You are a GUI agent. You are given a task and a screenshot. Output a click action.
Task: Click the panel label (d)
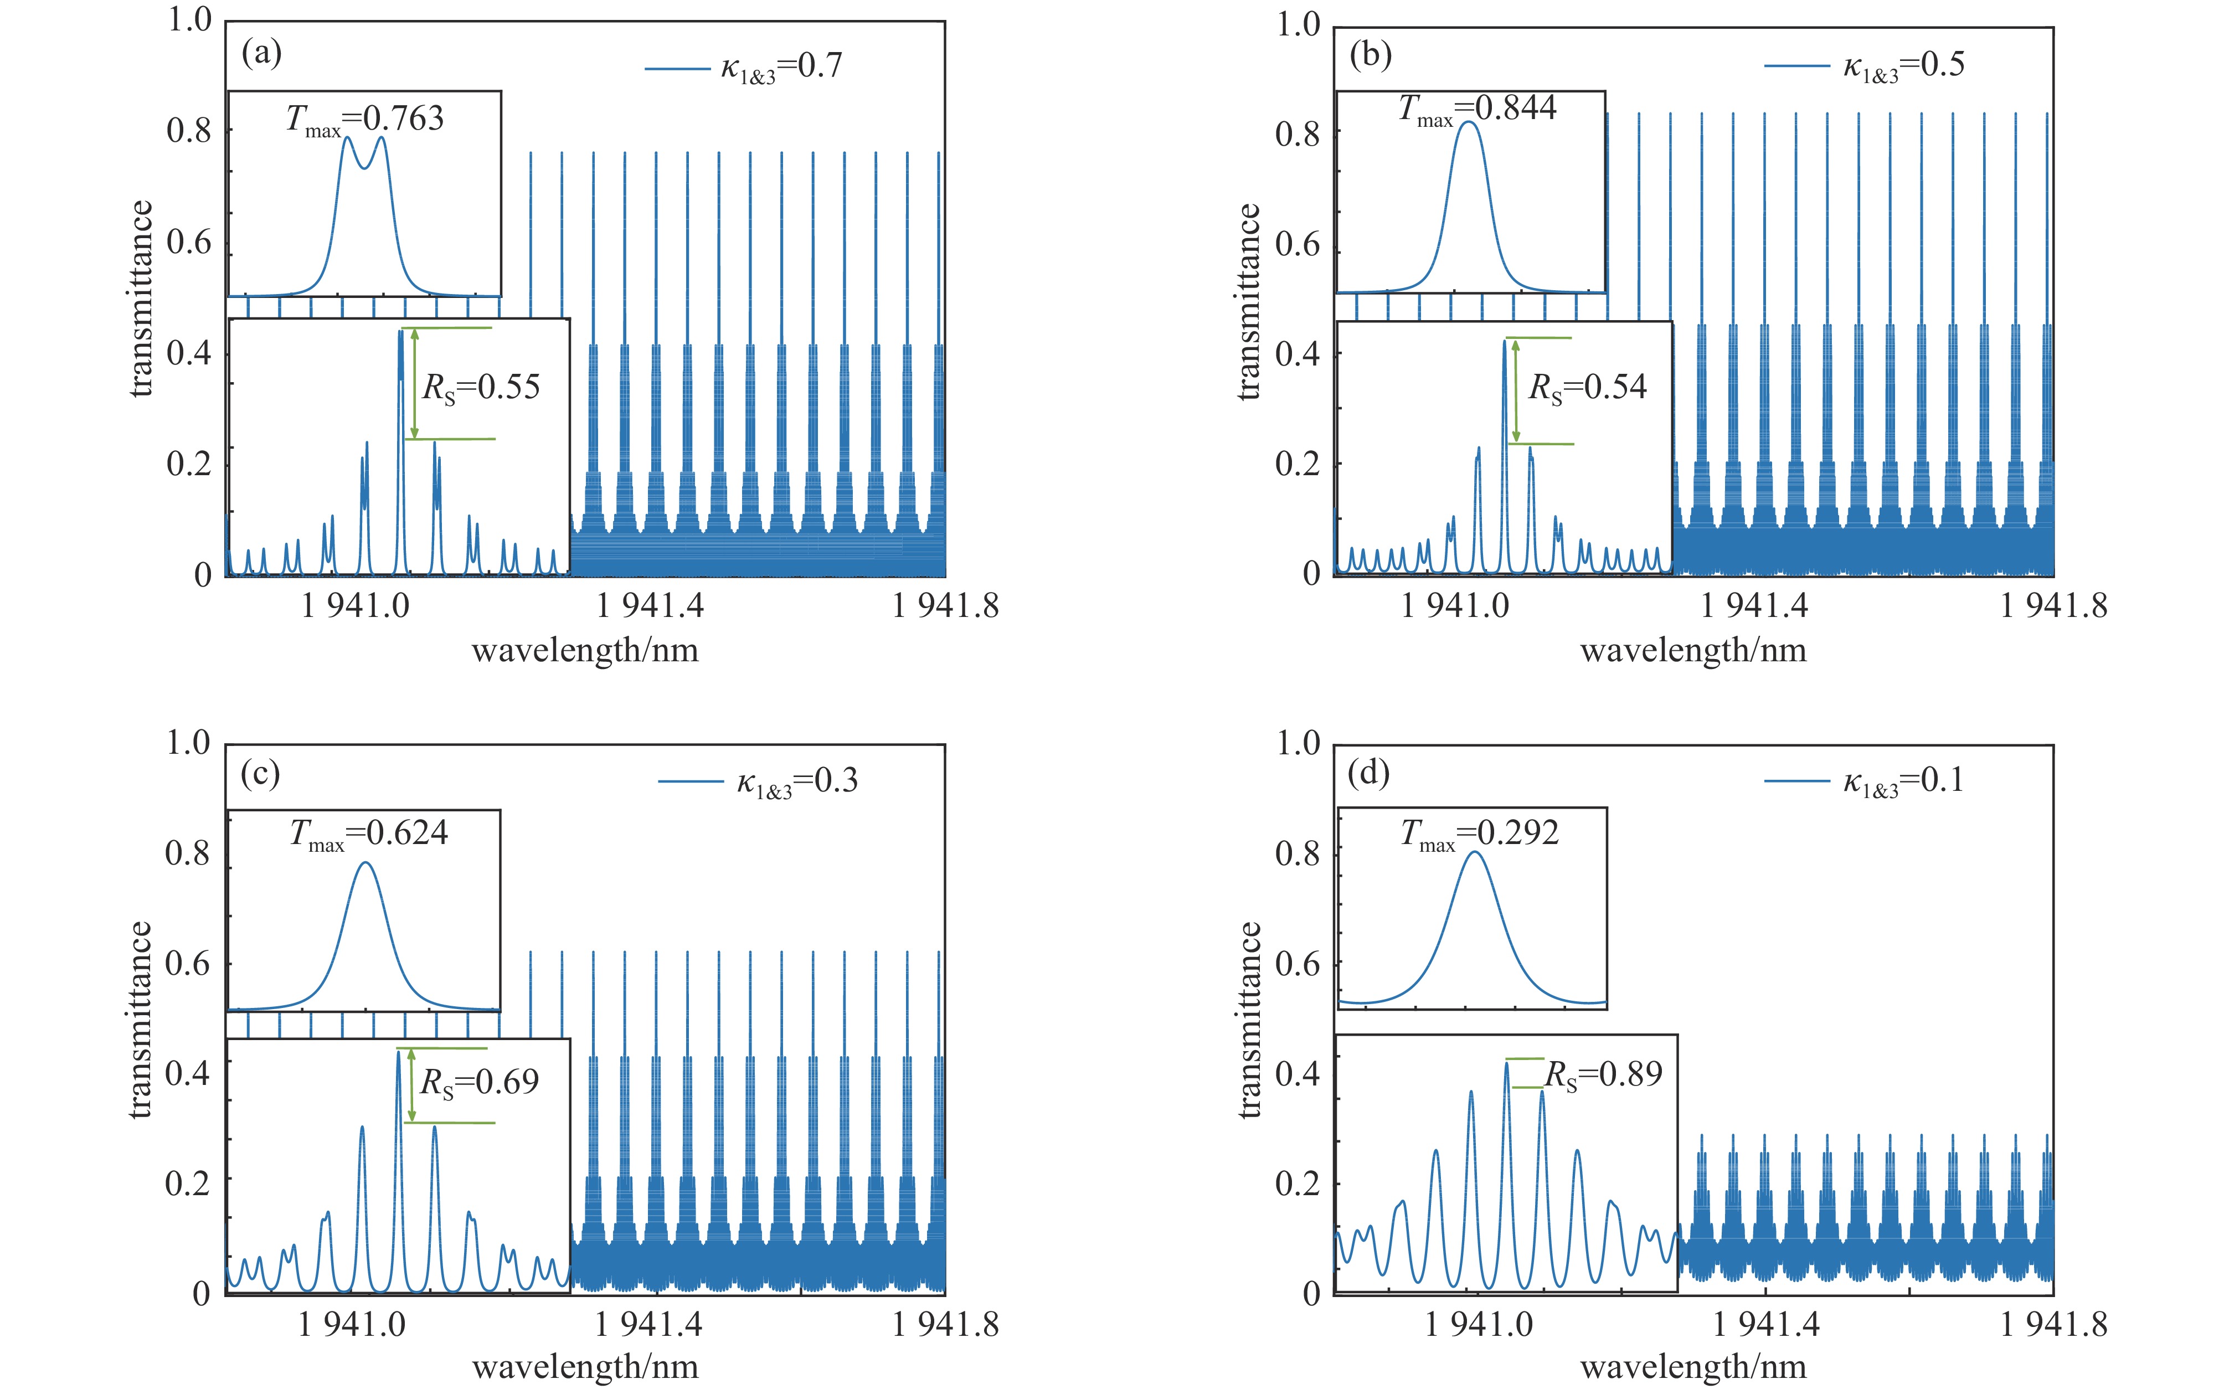point(1368,774)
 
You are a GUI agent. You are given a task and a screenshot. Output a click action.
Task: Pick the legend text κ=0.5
point(1903,65)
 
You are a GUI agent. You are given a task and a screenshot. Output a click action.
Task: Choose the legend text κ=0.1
point(1903,781)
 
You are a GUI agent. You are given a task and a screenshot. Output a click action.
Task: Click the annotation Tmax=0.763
point(365,120)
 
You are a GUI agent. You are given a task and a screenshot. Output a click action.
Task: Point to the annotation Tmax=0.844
point(1477,109)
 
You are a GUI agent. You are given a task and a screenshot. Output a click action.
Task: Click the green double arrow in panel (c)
point(411,1085)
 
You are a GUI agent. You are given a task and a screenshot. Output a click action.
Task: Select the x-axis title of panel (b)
point(1693,651)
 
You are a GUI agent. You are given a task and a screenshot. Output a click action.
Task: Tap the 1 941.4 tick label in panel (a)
point(650,606)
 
